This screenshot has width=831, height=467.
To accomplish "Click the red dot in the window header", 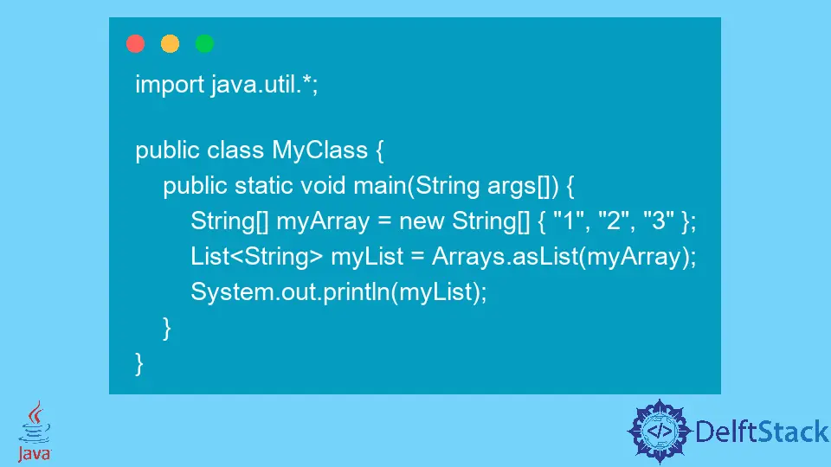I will click(136, 44).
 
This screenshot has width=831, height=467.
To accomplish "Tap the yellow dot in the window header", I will click(171, 44).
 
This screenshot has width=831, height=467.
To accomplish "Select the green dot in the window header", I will click(204, 44).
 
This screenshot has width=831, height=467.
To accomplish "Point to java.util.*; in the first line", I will click(264, 86).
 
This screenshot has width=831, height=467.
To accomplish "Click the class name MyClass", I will click(320, 150).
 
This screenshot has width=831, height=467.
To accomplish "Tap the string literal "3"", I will click(659, 221).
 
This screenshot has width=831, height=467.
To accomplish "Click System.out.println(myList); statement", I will click(339, 292).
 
